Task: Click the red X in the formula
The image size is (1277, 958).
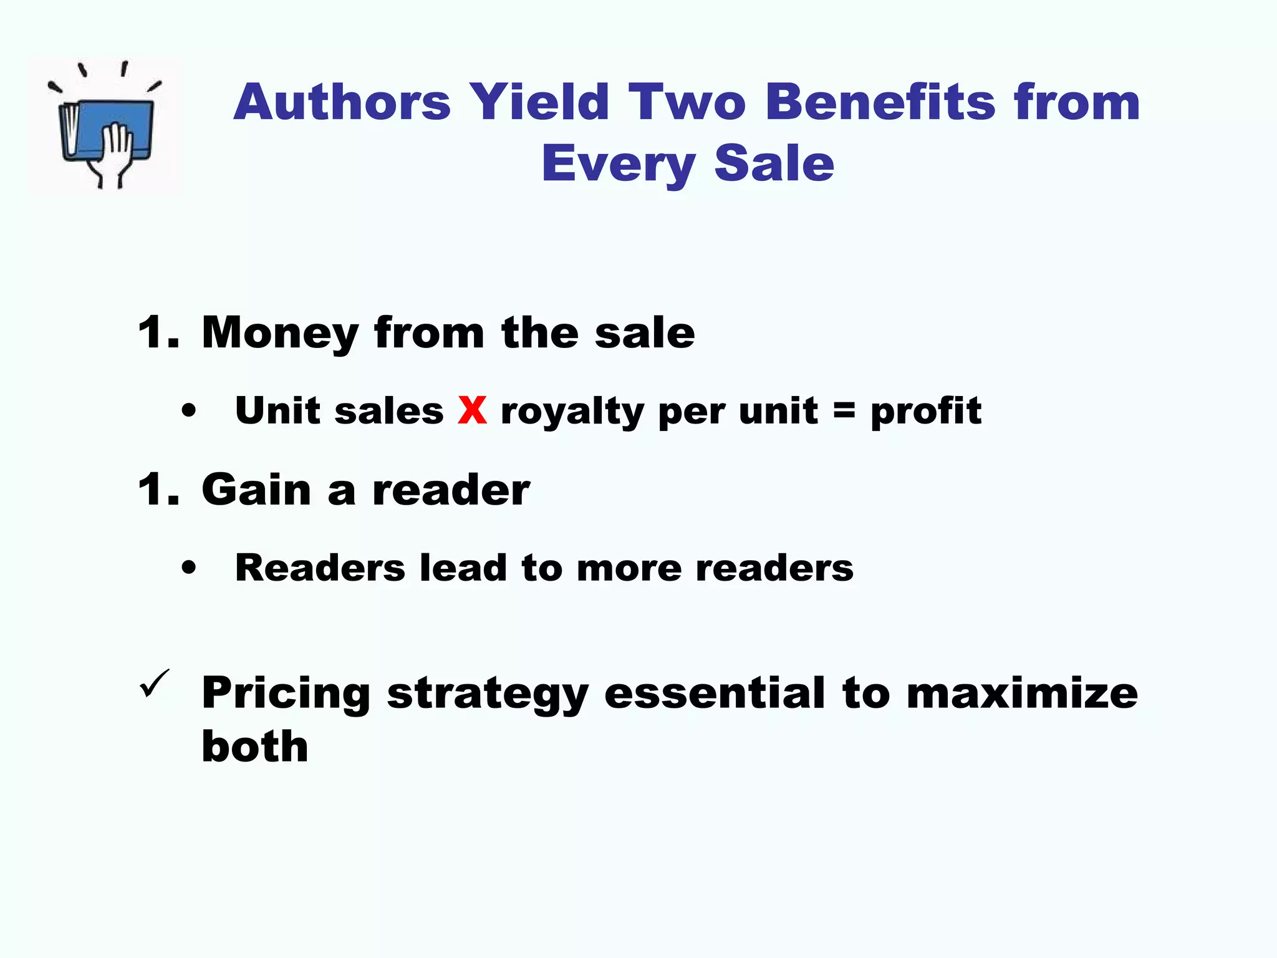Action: coord(472,411)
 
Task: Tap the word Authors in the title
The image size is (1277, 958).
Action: coord(342,102)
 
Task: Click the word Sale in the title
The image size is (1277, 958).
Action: coord(774,163)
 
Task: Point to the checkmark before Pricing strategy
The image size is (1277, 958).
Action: coord(154,684)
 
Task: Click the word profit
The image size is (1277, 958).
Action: coord(926,412)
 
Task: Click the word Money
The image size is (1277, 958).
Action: coord(280,334)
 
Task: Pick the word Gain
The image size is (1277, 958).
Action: coord(256,491)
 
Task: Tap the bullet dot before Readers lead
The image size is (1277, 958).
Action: coord(188,568)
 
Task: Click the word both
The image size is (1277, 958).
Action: coord(255,746)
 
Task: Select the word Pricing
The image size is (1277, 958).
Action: coord(286,694)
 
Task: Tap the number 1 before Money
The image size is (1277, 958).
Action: coord(152,332)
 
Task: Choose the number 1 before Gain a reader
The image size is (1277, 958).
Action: coord(152,490)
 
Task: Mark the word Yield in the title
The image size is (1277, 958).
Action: coord(539,102)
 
